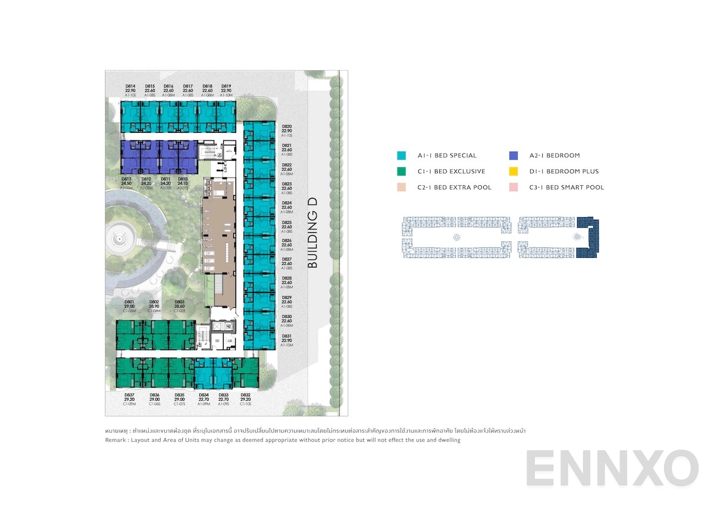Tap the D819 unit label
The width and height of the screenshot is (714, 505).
click(x=226, y=86)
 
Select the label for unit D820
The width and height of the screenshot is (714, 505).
click(x=287, y=127)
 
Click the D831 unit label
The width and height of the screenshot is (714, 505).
click(x=287, y=336)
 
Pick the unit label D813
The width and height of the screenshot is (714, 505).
click(x=127, y=179)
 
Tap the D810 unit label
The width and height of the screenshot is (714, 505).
click(x=183, y=179)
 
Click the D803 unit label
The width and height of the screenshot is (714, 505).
click(x=180, y=302)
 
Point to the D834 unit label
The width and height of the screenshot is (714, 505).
click(x=204, y=395)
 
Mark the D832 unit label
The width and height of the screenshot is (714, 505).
click(x=245, y=395)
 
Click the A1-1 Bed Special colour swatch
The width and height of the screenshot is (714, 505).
click(x=402, y=156)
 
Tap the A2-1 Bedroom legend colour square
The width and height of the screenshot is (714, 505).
click(x=513, y=156)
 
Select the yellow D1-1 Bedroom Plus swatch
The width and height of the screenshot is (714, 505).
click(x=513, y=172)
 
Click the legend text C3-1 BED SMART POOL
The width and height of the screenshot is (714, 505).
click(x=566, y=188)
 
